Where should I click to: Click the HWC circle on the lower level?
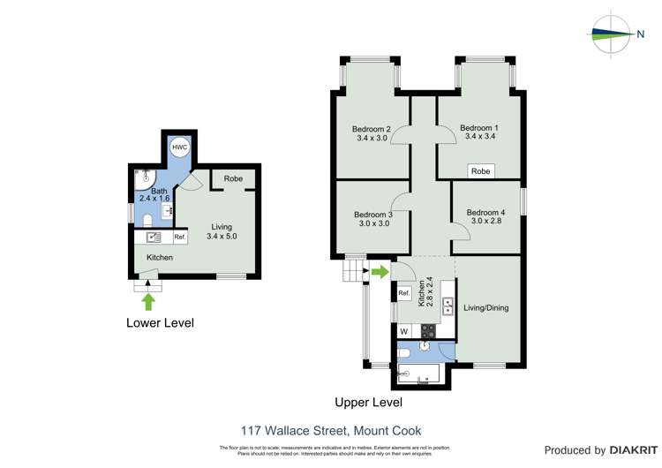(x=179, y=147)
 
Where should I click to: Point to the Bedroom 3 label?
(x=372, y=215)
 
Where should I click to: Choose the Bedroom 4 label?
(x=485, y=213)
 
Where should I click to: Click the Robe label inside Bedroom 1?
(x=480, y=171)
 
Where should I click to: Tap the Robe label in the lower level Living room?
(x=233, y=178)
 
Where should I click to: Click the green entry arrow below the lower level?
(x=148, y=301)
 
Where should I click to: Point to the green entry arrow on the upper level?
(x=379, y=271)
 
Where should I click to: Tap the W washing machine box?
(x=404, y=331)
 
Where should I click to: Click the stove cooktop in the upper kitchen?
(x=428, y=331)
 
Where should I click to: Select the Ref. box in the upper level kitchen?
(x=404, y=293)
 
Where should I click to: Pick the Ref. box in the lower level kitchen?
(x=179, y=238)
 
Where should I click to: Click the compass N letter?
(x=640, y=34)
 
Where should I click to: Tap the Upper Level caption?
(x=368, y=402)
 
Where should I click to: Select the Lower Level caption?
(x=159, y=323)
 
